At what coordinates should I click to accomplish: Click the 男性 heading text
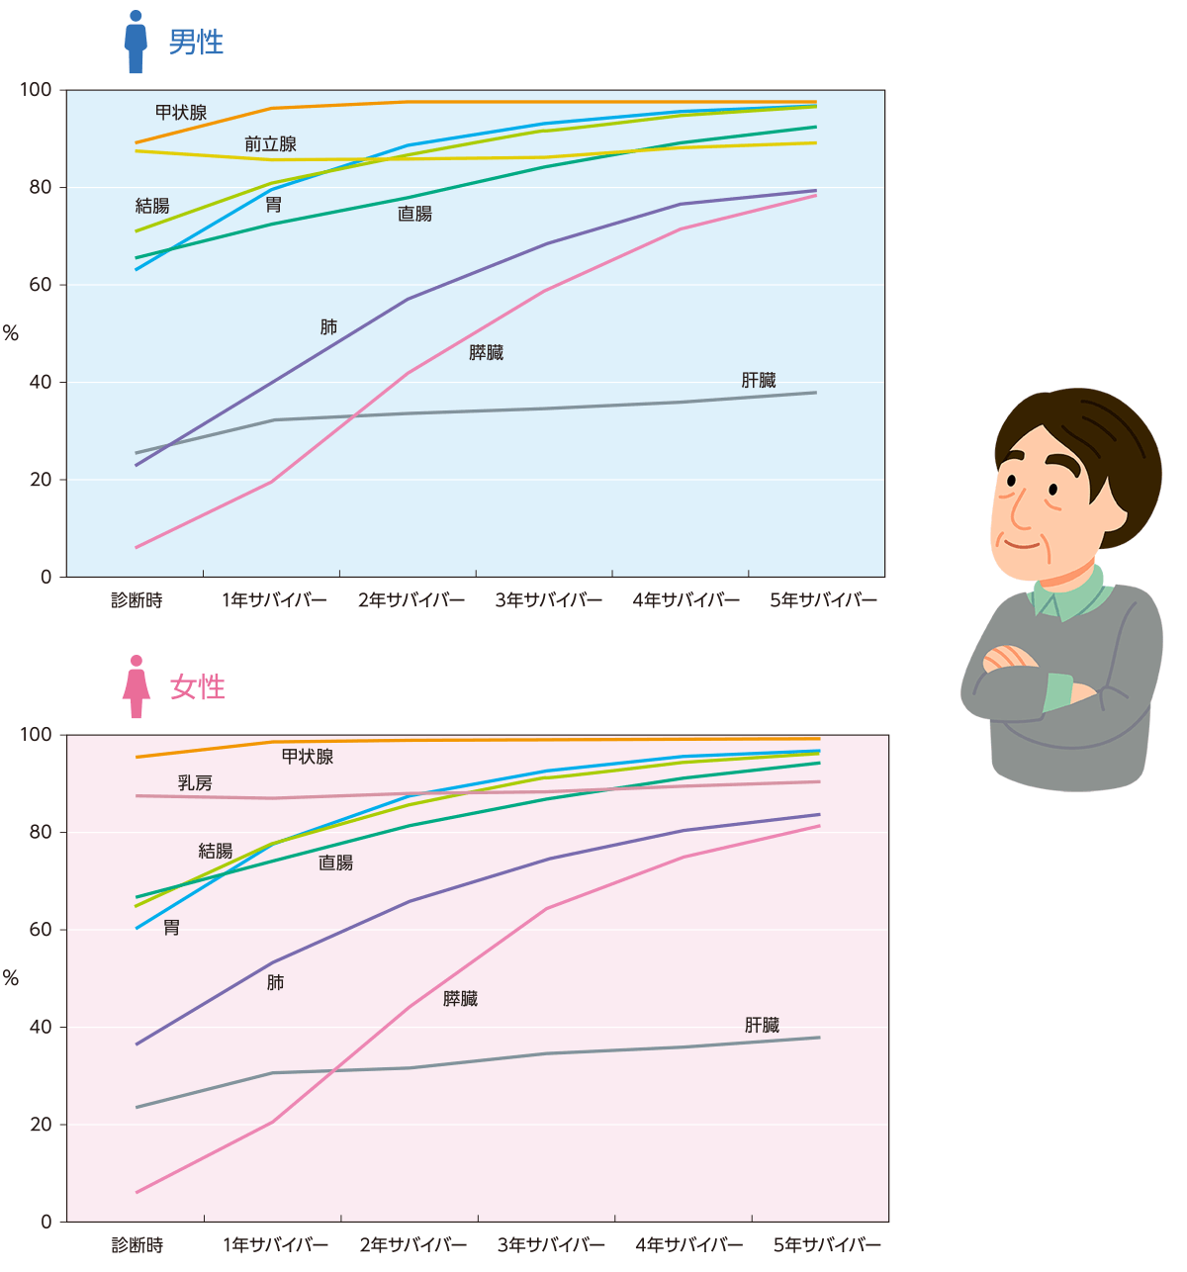196,42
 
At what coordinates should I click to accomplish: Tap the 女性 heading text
198,686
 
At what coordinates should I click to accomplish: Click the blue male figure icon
136,43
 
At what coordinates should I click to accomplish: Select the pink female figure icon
137,686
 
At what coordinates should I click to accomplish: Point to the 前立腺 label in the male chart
270,144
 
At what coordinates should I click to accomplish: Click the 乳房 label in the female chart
195,783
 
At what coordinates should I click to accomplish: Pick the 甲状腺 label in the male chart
181,113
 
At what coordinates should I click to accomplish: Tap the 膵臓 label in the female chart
460,999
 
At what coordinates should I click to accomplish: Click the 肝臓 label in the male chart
759,380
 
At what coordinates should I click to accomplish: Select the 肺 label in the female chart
275,982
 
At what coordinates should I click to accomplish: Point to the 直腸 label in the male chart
414,214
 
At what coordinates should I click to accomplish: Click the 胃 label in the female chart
171,928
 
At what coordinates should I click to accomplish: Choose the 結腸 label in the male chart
152,206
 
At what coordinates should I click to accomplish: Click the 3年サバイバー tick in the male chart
549,600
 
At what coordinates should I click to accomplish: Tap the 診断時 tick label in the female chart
137,1245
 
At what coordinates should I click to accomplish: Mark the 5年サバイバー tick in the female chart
827,1245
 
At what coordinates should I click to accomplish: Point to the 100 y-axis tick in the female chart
36,735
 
